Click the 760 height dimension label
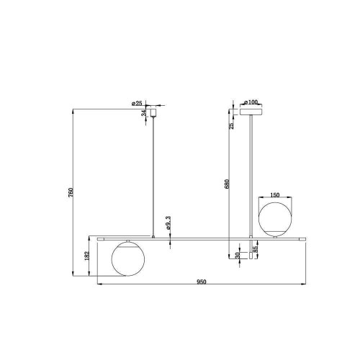(x=71, y=193)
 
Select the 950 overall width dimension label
(x=202, y=282)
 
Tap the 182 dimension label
(x=87, y=256)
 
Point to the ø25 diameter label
(x=137, y=104)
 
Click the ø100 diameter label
(x=251, y=102)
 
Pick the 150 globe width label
(x=275, y=195)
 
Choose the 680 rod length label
(x=228, y=184)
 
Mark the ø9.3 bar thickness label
(x=168, y=223)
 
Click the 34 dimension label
(x=144, y=113)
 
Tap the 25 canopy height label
(x=231, y=126)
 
